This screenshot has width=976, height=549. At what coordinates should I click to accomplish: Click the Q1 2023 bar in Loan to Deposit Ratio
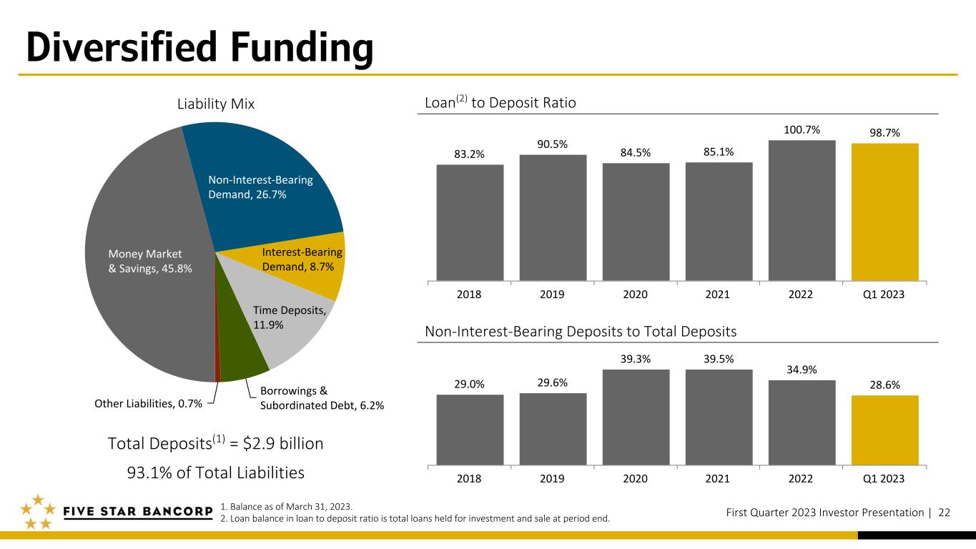pos(885,212)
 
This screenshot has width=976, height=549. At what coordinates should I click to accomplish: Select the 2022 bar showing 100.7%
pos(802,210)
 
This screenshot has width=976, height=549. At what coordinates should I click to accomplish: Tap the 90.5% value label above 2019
pos(552,144)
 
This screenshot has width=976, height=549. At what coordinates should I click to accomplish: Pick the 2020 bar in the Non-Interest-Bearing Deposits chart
pos(636,417)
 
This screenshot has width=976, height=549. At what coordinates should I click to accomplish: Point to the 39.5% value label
pos(719,359)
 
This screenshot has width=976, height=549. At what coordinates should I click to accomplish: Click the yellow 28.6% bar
pos(885,430)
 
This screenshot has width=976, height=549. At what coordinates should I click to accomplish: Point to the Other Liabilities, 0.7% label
pos(148,403)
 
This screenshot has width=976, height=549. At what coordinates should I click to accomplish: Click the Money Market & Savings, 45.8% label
pos(150,261)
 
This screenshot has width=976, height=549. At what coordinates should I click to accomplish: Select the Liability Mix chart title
pos(216,104)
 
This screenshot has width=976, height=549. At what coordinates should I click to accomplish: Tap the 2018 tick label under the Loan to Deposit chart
pos(469,295)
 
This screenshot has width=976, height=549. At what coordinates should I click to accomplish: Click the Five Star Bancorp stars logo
pos(38,511)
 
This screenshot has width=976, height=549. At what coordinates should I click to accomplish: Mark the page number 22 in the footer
pos(945,513)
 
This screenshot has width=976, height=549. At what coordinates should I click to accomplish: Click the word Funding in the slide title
pos(302,48)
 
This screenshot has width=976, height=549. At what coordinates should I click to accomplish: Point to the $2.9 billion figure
pos(283,443)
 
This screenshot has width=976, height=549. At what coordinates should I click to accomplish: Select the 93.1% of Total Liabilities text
pos(216,473)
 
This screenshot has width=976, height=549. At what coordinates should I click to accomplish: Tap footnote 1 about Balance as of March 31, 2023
pos(286,507)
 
